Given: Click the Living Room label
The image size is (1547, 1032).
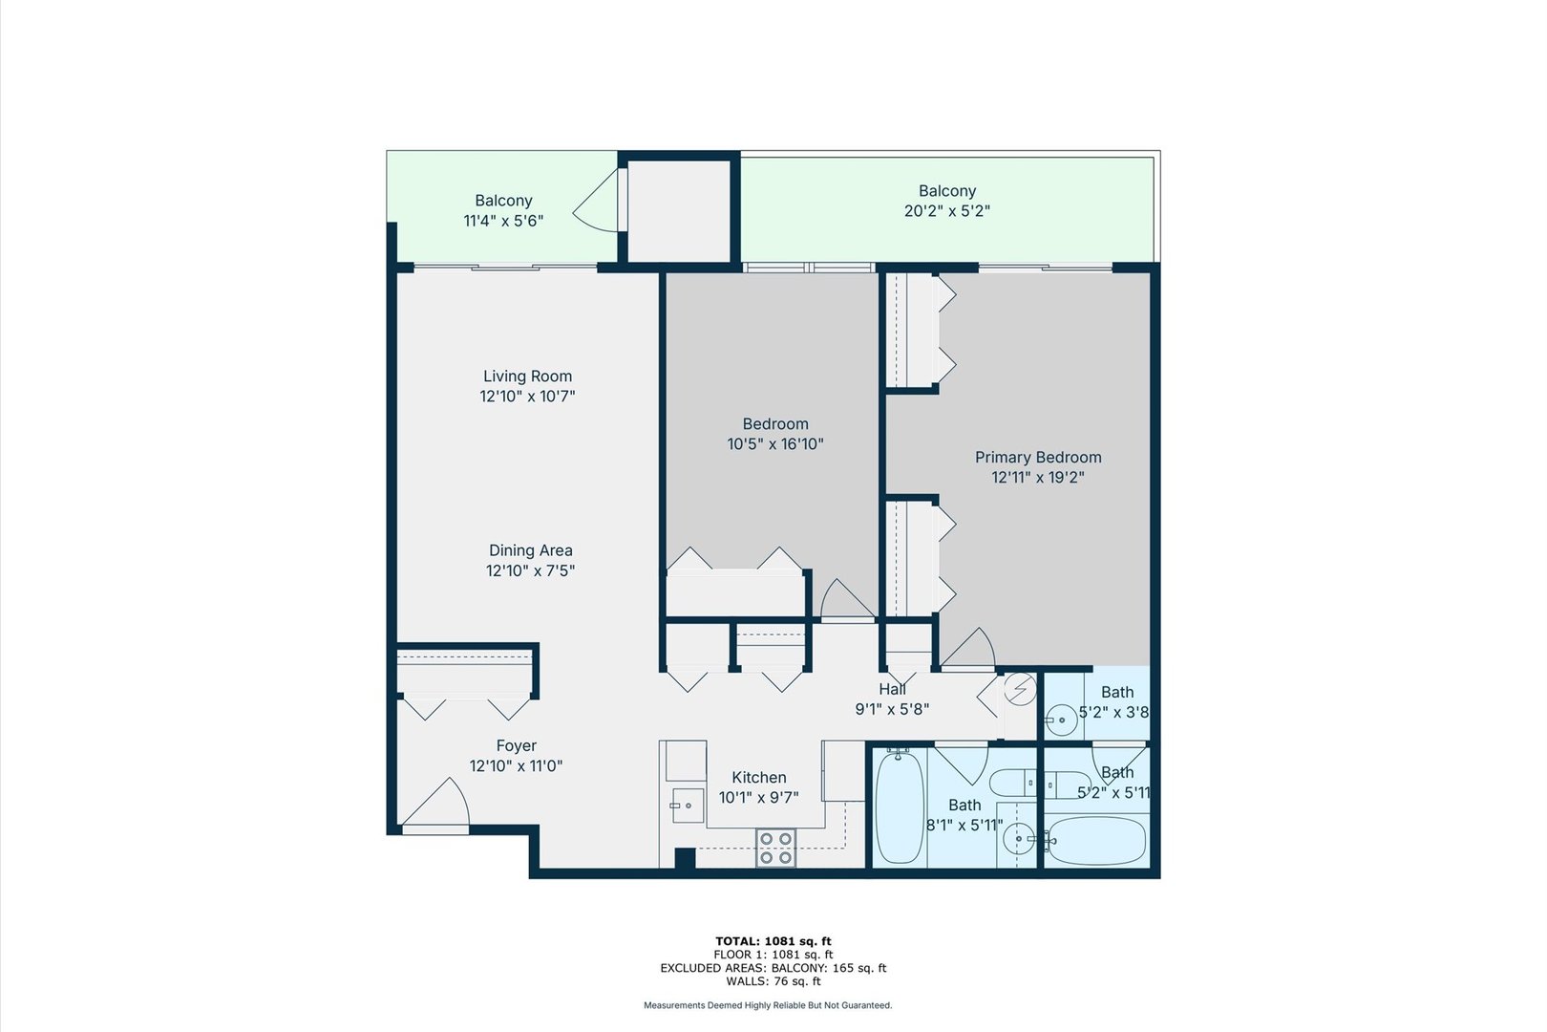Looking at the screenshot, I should coord(527,376).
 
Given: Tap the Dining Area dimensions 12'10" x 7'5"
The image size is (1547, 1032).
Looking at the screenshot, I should coord(530,571).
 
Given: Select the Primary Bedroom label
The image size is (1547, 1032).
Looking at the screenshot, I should coord(1038,458).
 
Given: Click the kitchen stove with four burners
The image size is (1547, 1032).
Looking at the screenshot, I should coord(775,849).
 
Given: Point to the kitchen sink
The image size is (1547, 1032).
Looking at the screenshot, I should coord(686,806).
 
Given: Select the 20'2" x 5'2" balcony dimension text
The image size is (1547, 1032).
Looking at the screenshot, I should coord(946,211).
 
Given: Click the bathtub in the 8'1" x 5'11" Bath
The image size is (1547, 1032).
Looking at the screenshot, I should coord(899,807).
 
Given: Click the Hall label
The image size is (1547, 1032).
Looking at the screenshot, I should coord(892,689).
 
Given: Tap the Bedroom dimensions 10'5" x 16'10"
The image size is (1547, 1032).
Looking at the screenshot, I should coord(774,444).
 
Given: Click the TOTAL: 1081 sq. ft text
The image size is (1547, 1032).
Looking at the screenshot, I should coord(773,941).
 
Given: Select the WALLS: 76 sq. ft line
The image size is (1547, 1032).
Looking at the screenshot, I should coord(773,981).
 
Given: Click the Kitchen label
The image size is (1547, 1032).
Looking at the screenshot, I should coord(758,778).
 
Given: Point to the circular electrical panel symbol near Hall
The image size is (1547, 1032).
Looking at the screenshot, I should coord(1020,689).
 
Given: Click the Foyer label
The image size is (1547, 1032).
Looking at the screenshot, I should coord(516,746).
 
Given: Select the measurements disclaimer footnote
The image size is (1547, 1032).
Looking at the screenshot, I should coord(768,1005).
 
